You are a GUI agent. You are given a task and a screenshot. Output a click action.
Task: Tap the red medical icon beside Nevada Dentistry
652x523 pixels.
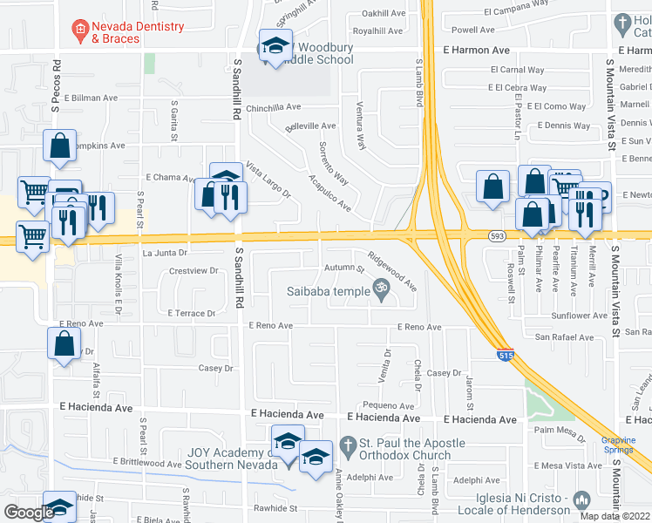pos(80,32)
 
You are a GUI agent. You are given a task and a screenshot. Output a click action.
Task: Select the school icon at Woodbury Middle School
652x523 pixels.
pos(275,48)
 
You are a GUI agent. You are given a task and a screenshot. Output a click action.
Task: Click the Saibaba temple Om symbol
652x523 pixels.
pos(379,287)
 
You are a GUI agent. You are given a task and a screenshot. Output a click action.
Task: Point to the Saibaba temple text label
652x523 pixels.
pos(328,291)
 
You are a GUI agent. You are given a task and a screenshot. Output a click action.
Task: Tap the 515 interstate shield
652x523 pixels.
pos(506,355)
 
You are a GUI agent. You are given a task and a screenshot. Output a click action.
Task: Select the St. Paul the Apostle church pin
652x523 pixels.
pos(349,444)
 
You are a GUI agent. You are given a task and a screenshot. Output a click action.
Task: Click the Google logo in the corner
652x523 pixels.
pos(29,513)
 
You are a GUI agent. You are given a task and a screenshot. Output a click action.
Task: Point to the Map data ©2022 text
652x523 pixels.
pos(615,516)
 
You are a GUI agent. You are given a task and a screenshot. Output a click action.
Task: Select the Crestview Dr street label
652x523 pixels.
pos(194,271)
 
